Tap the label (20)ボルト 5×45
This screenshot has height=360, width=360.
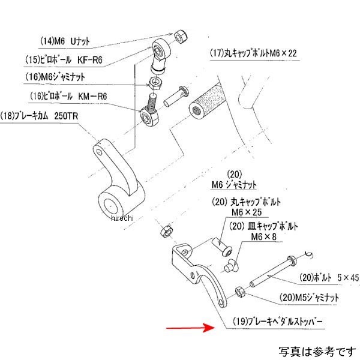pyautogui.click(x=323, y=278)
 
